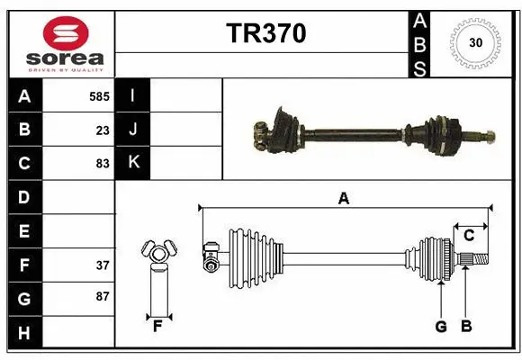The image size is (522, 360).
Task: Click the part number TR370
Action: point(265,33)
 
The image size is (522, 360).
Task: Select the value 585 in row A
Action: point(99,95)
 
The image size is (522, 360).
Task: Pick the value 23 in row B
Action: point(103,130)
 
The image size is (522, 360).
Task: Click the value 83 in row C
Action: point(103,164)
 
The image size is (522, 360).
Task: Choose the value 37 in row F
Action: point(103,265)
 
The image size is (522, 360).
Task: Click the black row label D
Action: point(24,196)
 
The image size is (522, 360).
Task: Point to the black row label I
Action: point(132,95)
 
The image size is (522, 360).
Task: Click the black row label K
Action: point(132,164)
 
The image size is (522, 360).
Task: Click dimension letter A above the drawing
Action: point(343,198)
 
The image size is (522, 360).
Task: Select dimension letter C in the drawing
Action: point(469,235)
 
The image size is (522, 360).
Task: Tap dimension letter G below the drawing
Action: point(441,327)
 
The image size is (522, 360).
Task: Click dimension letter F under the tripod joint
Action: point(157,327)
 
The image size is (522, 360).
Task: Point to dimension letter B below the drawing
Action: point(465,327)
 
